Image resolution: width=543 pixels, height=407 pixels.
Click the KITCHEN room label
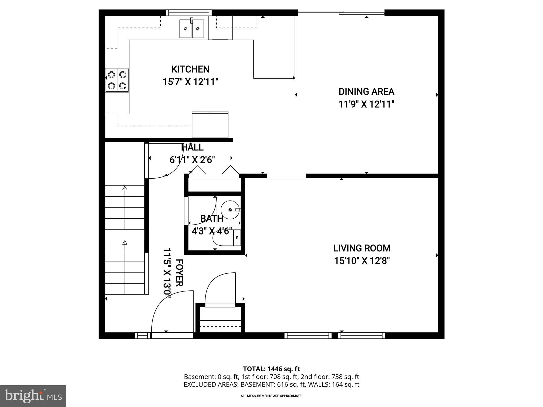point(190,69)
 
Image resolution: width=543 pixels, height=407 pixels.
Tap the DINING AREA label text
point(366,92)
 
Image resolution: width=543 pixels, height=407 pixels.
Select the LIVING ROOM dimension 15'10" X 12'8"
point(362,261)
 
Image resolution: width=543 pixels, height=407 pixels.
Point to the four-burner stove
point(117,80)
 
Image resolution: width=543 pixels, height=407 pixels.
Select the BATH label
point(211,219)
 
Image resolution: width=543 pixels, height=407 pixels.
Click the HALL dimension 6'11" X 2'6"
point(192,160)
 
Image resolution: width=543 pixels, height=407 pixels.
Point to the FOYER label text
point(179,273)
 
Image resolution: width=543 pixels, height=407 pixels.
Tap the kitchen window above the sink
point(189,13)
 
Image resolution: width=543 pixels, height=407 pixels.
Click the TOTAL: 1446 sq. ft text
point(271,369)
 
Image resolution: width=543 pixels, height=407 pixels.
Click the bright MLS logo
point(33,396)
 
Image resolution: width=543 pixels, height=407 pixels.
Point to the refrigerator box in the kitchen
point(210,125)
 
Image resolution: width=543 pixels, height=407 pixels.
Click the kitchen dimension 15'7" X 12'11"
point(190,82)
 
